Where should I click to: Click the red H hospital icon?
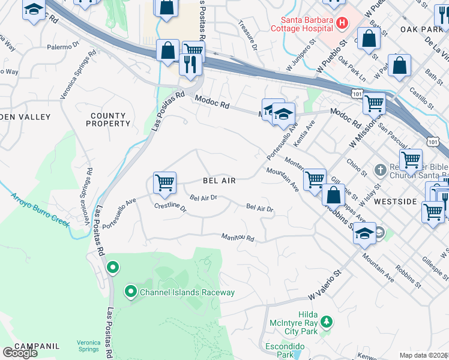342,23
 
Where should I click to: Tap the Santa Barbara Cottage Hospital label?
301,24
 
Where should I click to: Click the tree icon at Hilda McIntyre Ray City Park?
326,322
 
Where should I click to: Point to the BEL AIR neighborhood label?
219,181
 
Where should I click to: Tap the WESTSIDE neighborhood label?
394,202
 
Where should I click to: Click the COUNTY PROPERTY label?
109,119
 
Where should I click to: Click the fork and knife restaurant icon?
191,63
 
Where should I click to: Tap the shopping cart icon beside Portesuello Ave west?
164,181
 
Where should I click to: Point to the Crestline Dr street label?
170,208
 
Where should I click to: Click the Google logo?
19,353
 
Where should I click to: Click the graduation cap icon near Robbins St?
364,232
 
